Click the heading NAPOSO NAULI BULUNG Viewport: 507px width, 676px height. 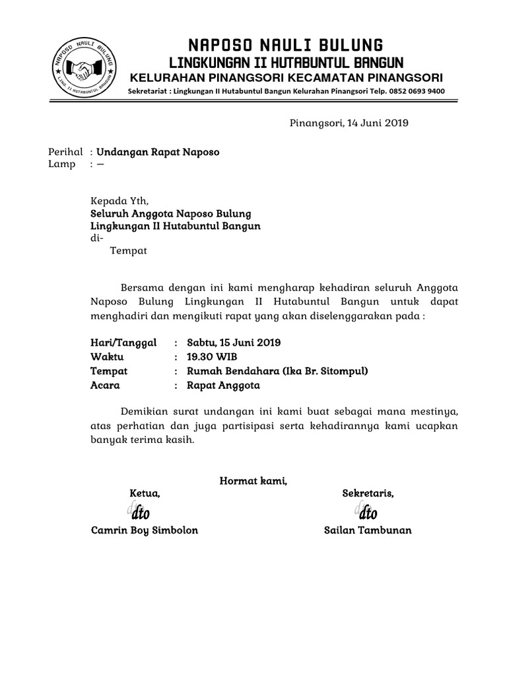click(x=286, y=46)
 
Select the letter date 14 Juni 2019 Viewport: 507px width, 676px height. click(x=374, y=123)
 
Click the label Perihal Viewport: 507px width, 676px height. click(x=66, y=152)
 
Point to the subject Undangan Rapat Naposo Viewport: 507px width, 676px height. click(x=158, y=152)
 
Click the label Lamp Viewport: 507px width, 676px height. click(x=62, y=164)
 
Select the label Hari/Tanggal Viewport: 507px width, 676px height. click(x=123, y=343)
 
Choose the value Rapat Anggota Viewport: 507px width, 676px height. click(x=223, y=386)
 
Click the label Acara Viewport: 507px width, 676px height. click(x=105, y=386)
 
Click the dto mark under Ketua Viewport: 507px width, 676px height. click(x=139, y=513)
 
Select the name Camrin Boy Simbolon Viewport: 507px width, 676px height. click(x=145, y=531)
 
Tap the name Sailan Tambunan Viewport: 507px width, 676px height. click(x=368, y=531)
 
